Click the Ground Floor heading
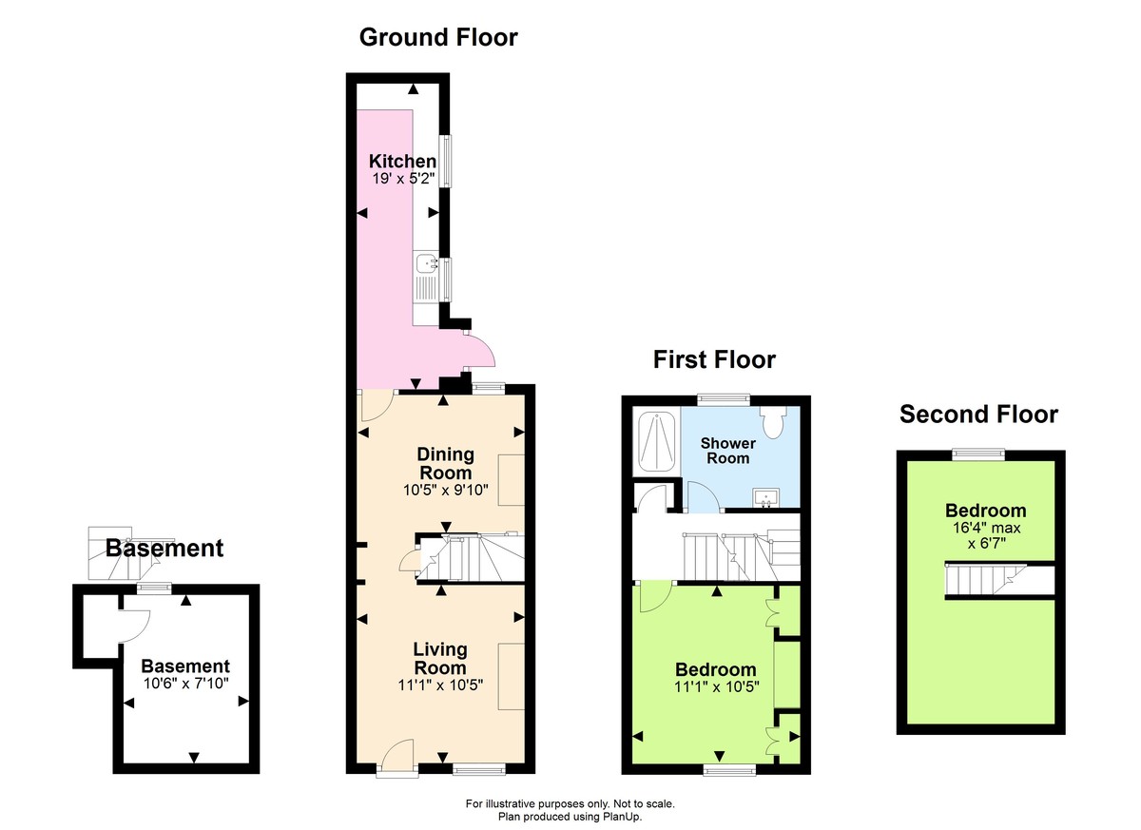(x=438, y=37)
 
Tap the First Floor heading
(x=713, y=359)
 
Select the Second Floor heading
(x=978, y=415)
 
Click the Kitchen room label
(x=402, y=161)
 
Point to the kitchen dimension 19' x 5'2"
(x=402, y=178)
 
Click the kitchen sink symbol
(x=425, y=262)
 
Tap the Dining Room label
(x=445, y=464)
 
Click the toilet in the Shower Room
(x=773, y=422)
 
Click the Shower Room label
(x=727, y=451)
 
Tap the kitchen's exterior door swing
(x=480, y=350)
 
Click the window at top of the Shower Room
(x=723, y=397)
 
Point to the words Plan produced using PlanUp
(x=570, y=817)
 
